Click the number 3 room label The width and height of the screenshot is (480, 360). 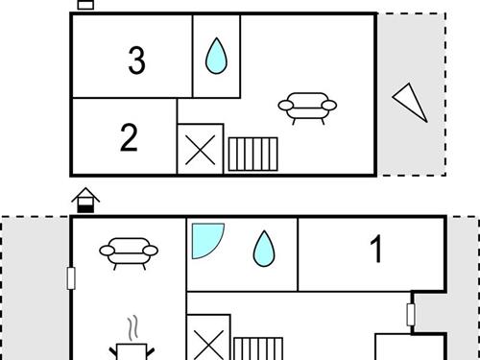pos(136,60)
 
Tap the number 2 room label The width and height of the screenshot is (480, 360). pos(129,137)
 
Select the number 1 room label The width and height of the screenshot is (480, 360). pos(376,249)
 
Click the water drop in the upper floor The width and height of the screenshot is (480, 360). pos(216,56)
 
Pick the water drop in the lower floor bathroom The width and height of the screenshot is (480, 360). pos(264,249)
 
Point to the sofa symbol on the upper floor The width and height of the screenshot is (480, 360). pos(307,108)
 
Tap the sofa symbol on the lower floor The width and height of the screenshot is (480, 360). pos(129,253)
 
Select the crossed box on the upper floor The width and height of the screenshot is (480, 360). pos(201,150)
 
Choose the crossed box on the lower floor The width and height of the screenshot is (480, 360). pos(208,338)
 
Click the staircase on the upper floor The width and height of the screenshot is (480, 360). pos(252,154)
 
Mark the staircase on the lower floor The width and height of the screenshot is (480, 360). pos(258,348)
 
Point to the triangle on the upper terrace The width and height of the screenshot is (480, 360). pos(411,102)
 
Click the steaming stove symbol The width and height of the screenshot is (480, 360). pos(132,351)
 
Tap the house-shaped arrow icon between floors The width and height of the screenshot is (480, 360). pos(85,200)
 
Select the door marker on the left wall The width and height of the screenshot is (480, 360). pos(71,278)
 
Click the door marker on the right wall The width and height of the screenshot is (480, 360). pos(411,315)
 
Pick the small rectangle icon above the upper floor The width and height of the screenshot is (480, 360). pos(85,5)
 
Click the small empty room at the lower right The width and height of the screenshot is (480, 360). pos(411,348)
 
